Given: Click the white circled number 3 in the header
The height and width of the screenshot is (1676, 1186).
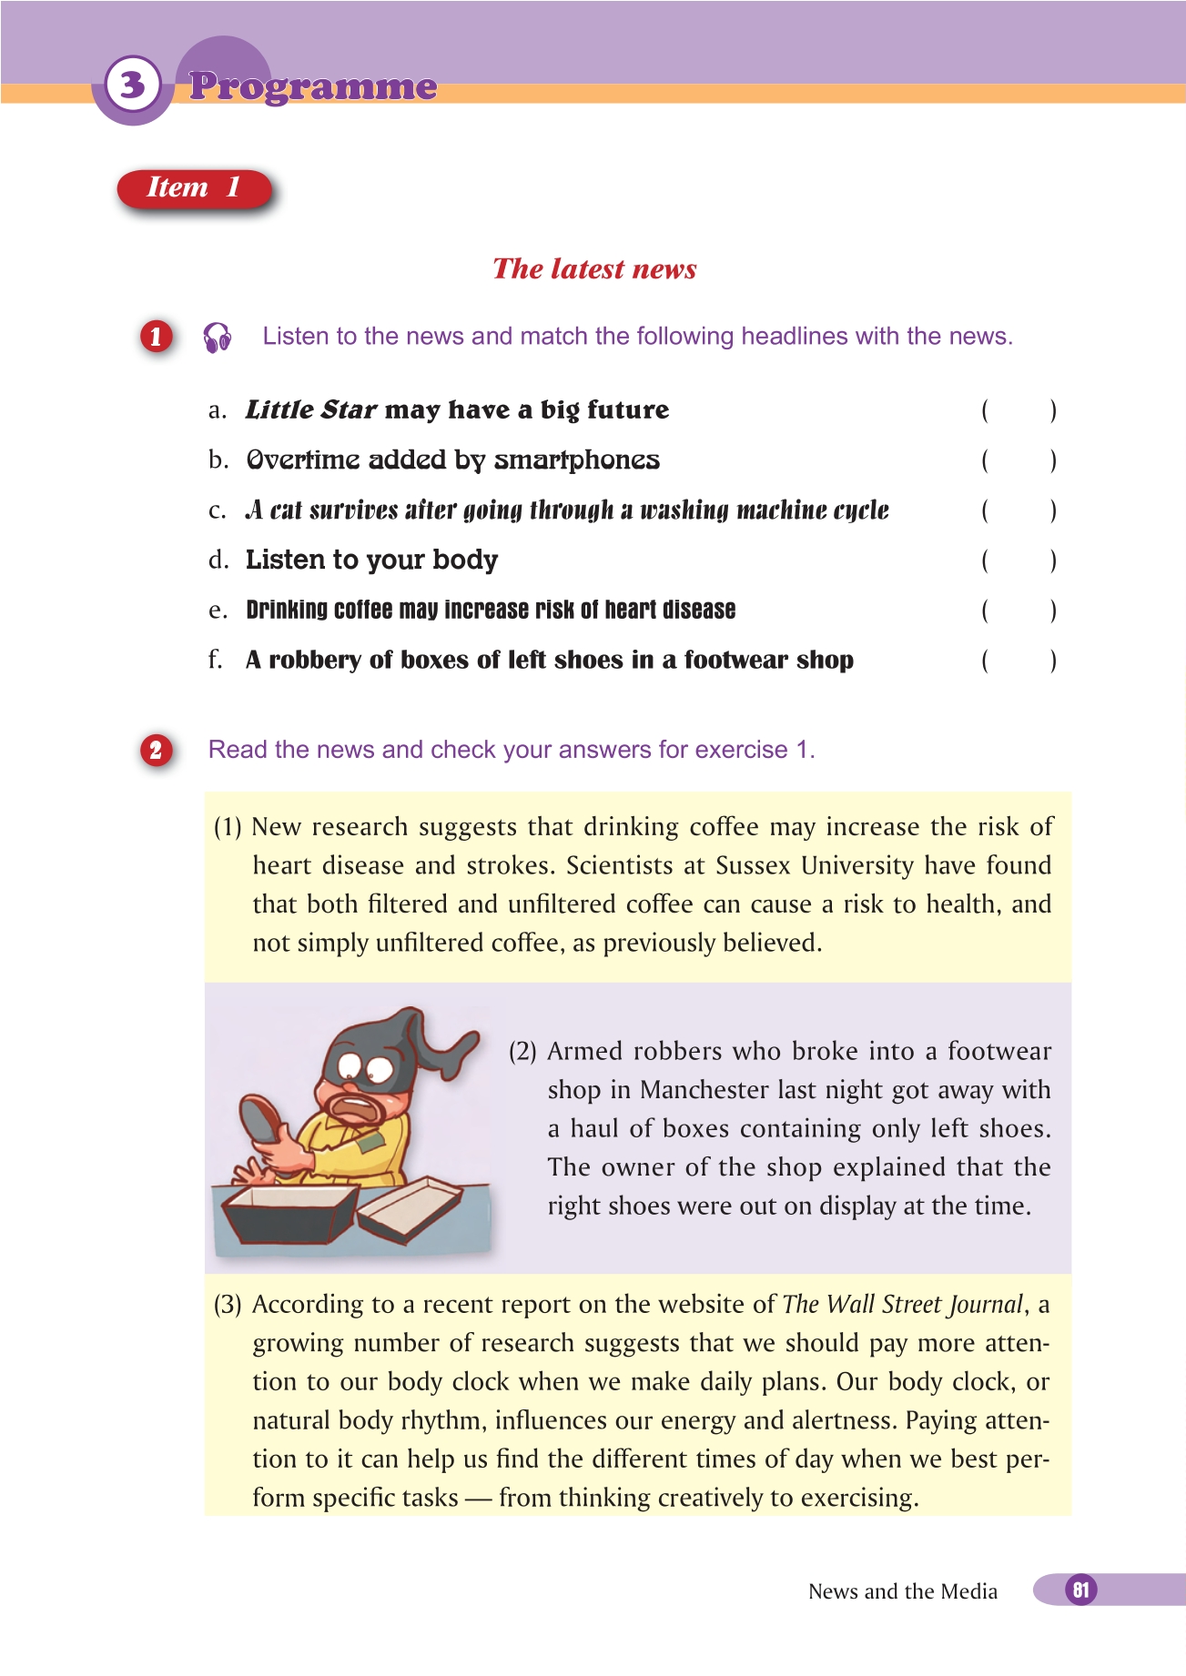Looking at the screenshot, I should click(x=133, y=85).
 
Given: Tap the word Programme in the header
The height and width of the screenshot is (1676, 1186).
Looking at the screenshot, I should click(x=313, y=86).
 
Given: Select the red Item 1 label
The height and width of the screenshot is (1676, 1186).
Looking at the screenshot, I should click(x=194, y=187).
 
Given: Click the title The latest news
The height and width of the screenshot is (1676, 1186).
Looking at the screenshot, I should click(x=594, y=268).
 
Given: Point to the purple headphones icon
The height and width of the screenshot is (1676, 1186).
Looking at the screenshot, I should click(x=217, y=337).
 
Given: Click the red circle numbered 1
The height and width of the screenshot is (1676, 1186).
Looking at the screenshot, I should click(x=156, y=337).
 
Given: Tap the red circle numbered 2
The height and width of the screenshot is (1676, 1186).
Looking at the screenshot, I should click(x=156, y=750).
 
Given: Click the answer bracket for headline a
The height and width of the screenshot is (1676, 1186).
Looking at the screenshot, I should click(x=1019, y=410).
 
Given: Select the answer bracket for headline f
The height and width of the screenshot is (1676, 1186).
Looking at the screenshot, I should click(x=1019, y=660).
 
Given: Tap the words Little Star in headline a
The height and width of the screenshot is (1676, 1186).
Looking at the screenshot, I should click(x=311, y=410).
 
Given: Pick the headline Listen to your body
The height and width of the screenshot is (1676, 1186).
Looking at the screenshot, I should click(x=371, y=560).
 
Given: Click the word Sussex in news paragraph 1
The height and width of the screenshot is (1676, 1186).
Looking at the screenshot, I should click(x=753, y=865).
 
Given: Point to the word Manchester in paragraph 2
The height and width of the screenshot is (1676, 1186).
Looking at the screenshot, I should click(x=705, y=1090).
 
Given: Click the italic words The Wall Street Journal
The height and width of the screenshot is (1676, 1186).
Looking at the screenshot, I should click(x=903, y=1305).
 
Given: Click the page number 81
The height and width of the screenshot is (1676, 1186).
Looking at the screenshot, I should click(x=1080, y=1590).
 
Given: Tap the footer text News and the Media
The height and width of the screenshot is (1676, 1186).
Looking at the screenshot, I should click(x=902, y=1591).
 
